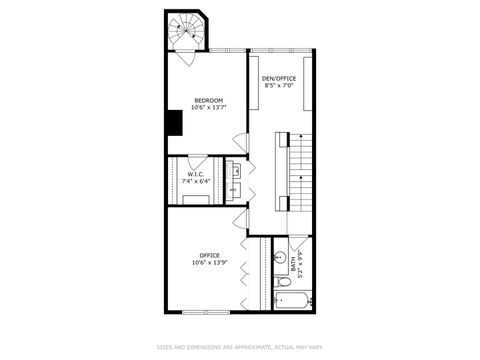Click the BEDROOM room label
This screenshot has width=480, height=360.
(x=208, y=100)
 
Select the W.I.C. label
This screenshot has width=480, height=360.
(x=195, y=175)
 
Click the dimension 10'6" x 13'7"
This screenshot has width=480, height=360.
(x=208, y=107)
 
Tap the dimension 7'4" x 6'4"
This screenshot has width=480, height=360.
(x=195, y=182)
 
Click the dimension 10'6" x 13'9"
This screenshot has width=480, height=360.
(x=209, y=262)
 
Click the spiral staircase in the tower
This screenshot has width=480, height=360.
(x=184, y=33)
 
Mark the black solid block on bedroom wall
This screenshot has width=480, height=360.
(x=174, y=121)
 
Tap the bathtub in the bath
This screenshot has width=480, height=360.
(x=294, y=297)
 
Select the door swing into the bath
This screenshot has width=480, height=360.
(x=296, y=246)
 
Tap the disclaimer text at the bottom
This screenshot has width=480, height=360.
(x=240, y=348)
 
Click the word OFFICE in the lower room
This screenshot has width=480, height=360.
(x=209, y=255)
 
